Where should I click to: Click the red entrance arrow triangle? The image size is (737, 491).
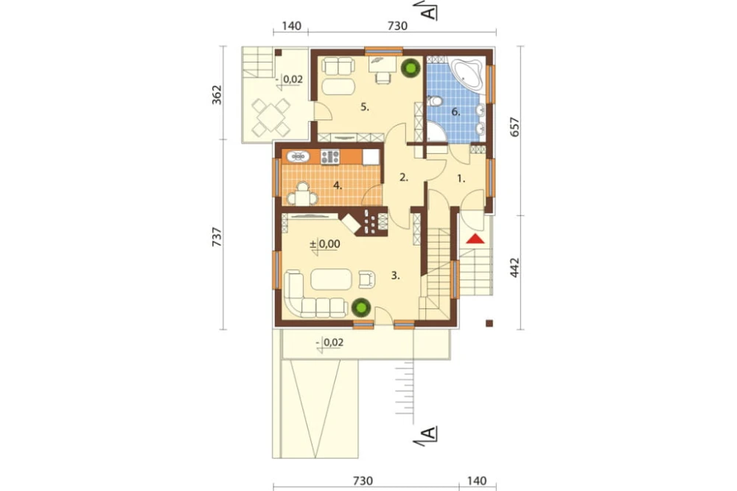pos(475,239)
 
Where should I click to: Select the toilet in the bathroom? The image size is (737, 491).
pos(434,101)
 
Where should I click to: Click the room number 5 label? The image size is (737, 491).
pos(365,107)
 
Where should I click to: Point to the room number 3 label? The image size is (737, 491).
pos(396,276)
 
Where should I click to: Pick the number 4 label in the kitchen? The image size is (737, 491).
pos(338,186)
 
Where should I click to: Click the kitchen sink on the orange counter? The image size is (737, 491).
pos(298,156)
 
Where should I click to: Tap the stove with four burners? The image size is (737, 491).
pos(330,156)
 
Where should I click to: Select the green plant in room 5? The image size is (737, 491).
pos(411,68)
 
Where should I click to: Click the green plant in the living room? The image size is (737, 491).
pos(361,308)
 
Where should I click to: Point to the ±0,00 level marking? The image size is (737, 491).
pos(325,244)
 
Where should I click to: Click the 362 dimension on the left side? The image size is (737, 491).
pos(217,94)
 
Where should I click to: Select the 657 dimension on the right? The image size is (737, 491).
pos(515,127)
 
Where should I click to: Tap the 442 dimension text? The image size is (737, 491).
pos(515,267)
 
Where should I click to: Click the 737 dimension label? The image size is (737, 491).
pos(217,237)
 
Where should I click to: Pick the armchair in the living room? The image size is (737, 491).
pos(366,279)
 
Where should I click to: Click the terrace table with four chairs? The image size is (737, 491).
pos(270,117)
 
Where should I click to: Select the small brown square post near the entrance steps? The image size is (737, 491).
pos(489,323)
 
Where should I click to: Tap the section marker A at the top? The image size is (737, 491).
pos(429,11)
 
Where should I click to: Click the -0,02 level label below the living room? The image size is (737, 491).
pos(330,343)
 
